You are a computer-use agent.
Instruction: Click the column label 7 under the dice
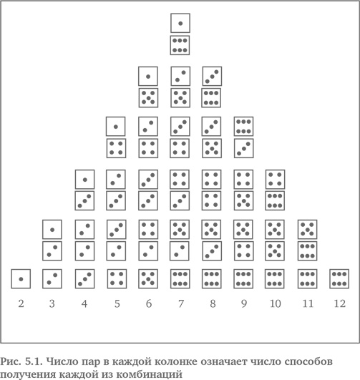181,303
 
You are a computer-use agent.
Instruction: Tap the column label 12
340,303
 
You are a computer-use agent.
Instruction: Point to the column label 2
21,303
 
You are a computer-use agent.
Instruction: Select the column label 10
276,303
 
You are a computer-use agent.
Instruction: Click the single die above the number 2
21,279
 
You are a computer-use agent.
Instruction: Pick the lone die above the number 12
339,279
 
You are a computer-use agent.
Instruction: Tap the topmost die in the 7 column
180,24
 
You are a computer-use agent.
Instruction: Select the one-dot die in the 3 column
52,230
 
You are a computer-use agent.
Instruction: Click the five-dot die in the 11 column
307,230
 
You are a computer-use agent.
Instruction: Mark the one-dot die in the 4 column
85,180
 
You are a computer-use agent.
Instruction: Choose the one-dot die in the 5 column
116,127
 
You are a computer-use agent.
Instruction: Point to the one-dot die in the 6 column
148,77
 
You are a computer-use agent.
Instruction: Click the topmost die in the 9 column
244,127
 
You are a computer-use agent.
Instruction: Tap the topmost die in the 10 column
276,180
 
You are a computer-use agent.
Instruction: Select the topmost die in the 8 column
212,77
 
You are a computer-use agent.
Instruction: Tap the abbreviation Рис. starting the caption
11,361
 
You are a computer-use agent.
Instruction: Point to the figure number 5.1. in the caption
34,361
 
